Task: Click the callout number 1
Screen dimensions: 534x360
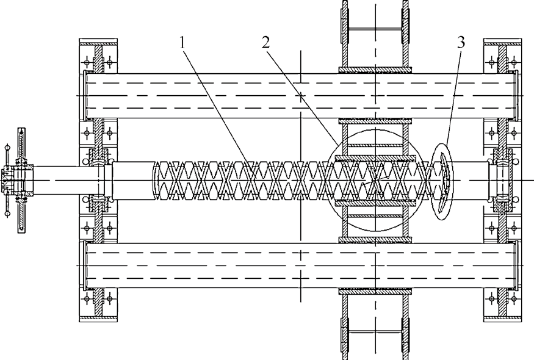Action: tap(181, 43)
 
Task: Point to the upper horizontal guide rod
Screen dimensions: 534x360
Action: tap(299, 96)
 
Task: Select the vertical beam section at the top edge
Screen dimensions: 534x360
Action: tap(373, 24)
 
